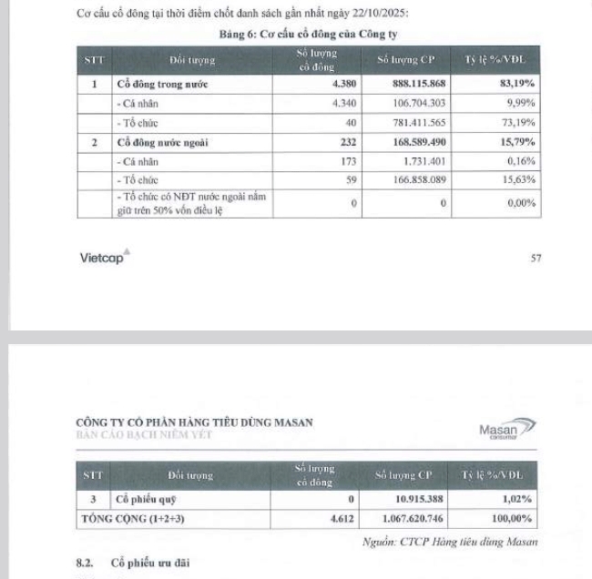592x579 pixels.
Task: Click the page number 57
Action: pos(536,258)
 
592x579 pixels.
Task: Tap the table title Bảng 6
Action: pos(301,34)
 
